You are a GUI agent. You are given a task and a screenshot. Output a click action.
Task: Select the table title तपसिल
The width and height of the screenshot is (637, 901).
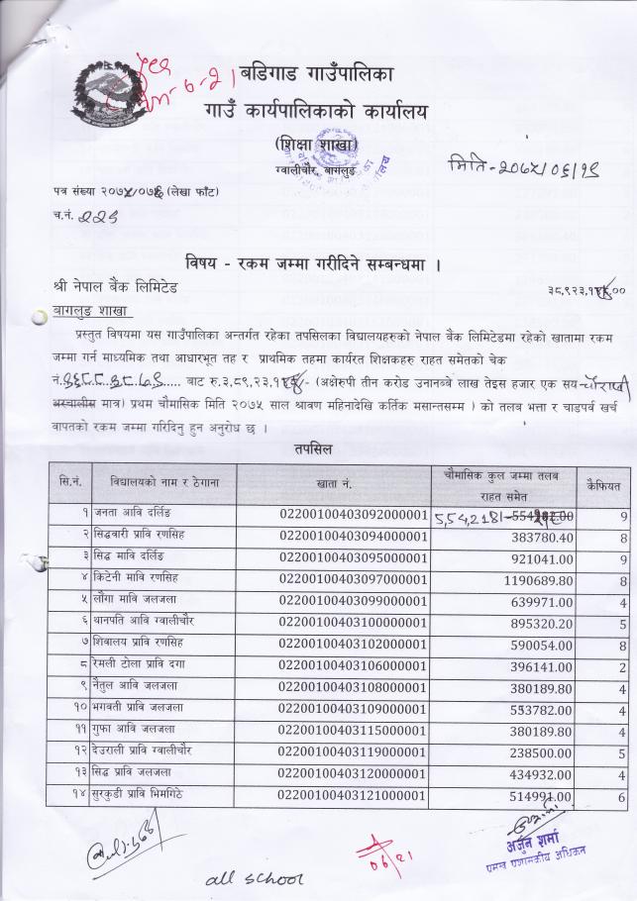point(314,450)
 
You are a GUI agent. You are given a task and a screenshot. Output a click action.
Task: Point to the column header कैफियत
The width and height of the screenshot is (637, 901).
point(604,485)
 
